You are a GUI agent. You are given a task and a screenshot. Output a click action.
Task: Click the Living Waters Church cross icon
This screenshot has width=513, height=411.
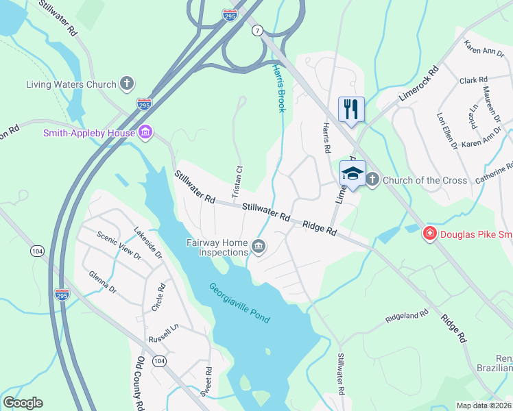click(x=126, y=84)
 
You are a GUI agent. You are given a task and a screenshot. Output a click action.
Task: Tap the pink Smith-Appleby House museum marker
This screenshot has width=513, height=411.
click(x=145, y=132)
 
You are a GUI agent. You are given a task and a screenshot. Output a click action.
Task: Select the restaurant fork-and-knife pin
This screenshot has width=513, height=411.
click(x=351, y=108)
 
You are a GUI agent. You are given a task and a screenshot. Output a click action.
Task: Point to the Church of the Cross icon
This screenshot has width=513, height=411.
click(x=372, y=180)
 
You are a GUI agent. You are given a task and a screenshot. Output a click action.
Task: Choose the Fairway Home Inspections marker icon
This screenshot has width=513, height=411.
click(x=259, y=247)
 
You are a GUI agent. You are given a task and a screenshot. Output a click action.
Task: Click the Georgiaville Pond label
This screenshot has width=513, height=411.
click(x=239, y=303)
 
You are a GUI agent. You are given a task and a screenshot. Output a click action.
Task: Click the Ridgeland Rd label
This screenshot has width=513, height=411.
click(x=407, y=316)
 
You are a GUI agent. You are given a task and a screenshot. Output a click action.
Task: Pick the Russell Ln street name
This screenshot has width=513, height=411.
click(x=163, y=334)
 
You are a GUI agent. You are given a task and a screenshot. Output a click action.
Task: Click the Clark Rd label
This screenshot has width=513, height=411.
click(x=473, y=80)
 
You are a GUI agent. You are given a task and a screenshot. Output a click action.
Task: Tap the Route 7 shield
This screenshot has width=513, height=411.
click(x=257, y=31)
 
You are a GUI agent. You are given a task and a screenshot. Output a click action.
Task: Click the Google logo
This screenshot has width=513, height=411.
click(x=23, y=403)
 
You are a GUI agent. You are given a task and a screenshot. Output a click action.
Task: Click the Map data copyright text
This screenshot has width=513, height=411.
click(x=484, y=406)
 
